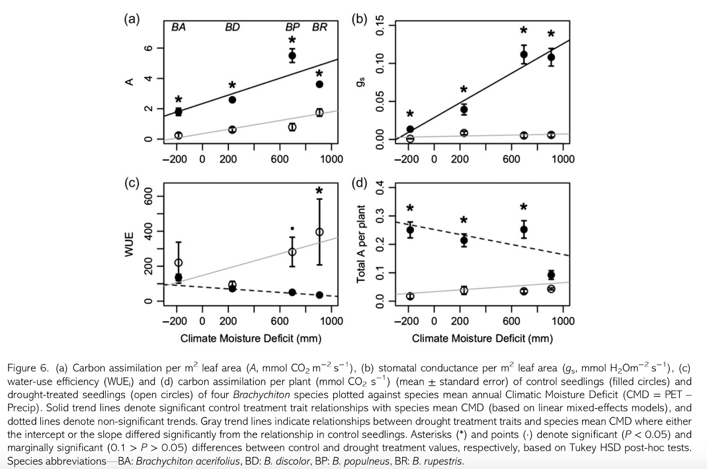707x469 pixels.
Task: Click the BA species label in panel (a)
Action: click(178, 27)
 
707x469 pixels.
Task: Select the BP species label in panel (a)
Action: click(292, 27)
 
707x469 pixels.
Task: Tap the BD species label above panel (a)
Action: click(232, 27)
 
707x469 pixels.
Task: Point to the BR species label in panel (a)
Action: click(319, 27)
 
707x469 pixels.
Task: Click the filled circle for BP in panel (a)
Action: click(292, 56)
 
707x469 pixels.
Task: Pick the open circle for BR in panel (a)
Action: click(319, 112)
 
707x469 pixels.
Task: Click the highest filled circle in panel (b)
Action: click(524, 55)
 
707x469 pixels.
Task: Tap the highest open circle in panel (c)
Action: click(319, 232)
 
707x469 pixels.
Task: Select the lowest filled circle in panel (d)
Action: click(551, 275)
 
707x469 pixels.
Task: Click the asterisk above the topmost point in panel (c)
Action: click(319, 191)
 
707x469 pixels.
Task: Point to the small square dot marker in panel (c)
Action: click(292, 229)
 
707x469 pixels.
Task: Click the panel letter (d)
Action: click(359, 183)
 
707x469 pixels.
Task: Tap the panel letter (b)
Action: click(359, 20)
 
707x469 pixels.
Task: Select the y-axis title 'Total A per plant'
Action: click(361, 244)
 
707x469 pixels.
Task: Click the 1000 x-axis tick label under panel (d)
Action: click(563, 321)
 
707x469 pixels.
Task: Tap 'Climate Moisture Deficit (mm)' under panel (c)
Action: click(251, 339)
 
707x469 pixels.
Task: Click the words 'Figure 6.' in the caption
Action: click(28, 368)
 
